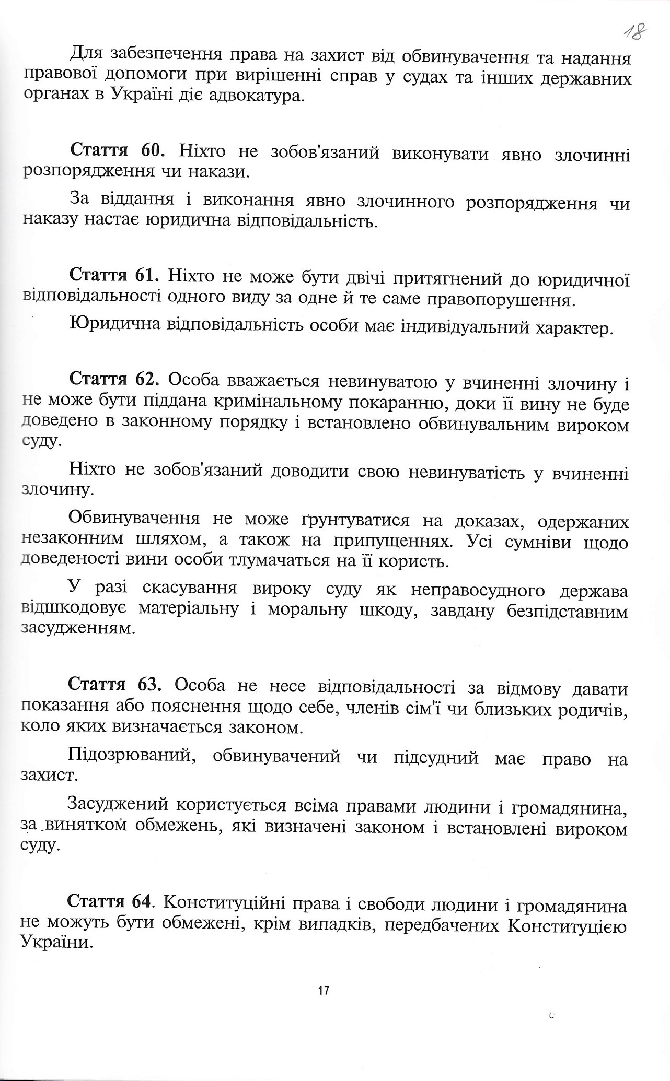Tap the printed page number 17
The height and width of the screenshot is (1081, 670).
tap(324, 990)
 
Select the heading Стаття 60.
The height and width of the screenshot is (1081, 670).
tap(118, 151)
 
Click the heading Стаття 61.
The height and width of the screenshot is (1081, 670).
tap(117, 275)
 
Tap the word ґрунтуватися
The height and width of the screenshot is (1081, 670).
tap(356, 520)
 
